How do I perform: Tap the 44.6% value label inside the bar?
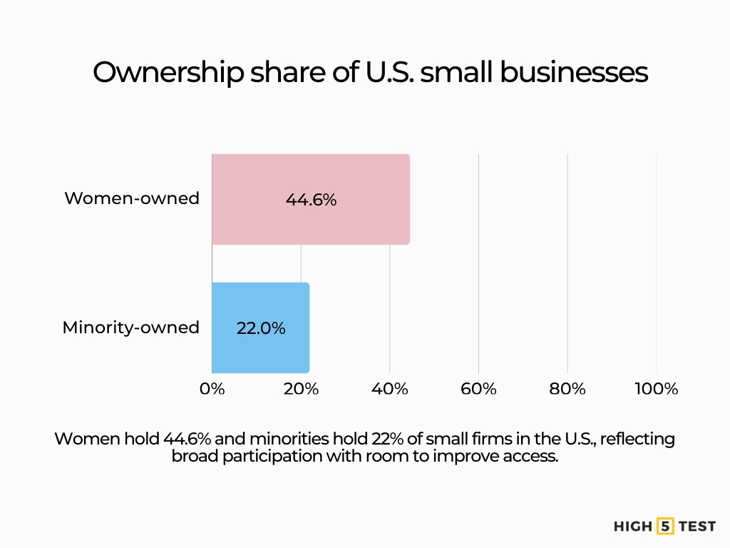coord(311,201)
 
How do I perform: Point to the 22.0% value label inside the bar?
coord(261,328)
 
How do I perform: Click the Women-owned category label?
coord(132,198)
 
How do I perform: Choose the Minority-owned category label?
coord(130,328)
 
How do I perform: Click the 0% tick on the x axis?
coord(212,389)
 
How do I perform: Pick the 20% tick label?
coord(301,389)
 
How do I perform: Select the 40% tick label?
coord(390,389)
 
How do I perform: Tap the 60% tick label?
coord(478,389)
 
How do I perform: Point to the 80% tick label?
coord(567,389)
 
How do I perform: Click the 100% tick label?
coord(656,389)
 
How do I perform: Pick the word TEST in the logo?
coord(697,527)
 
